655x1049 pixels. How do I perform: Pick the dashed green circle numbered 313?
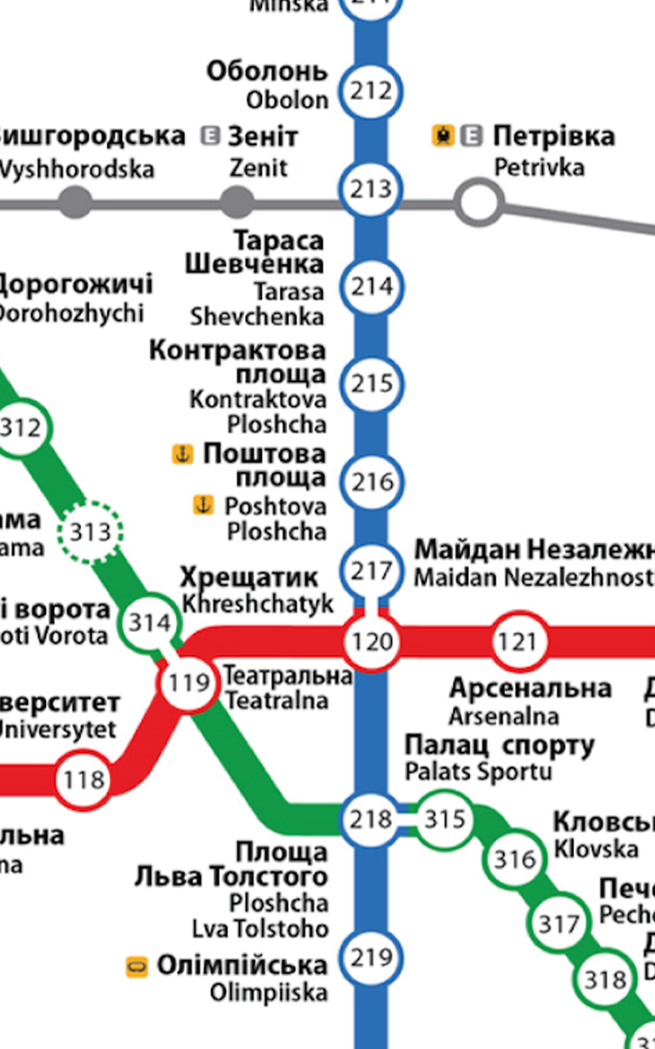coord(90,533)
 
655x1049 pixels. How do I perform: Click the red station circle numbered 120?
coord(373,642)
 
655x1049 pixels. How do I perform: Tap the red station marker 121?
coord(518,643)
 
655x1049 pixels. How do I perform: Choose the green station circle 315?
coord(445,819)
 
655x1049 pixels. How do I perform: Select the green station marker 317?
coord(560,924)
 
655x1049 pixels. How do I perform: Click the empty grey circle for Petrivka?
coord(479,201)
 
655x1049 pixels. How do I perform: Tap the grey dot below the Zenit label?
coord(237,202)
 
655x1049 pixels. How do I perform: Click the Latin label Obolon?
coord(287,100)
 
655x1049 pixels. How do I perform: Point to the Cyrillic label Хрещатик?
coord(249,578)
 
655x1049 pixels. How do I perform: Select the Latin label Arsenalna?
coord(504,715)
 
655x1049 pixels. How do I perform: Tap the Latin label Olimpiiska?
coord(269,992)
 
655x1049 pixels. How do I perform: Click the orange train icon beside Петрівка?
coord(443,136)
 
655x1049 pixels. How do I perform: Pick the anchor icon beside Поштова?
coord(182,453)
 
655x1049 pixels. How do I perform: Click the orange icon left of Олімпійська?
coord(137,966)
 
